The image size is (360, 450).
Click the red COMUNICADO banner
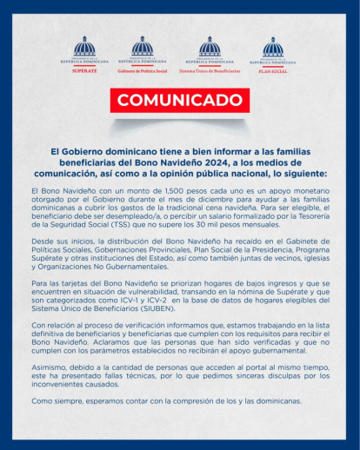(180, 101)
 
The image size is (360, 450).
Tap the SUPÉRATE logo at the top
(84, 53)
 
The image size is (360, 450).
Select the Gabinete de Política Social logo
(142, 53)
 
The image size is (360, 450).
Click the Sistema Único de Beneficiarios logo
(209, 53)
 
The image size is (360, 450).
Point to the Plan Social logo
(272, 54)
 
